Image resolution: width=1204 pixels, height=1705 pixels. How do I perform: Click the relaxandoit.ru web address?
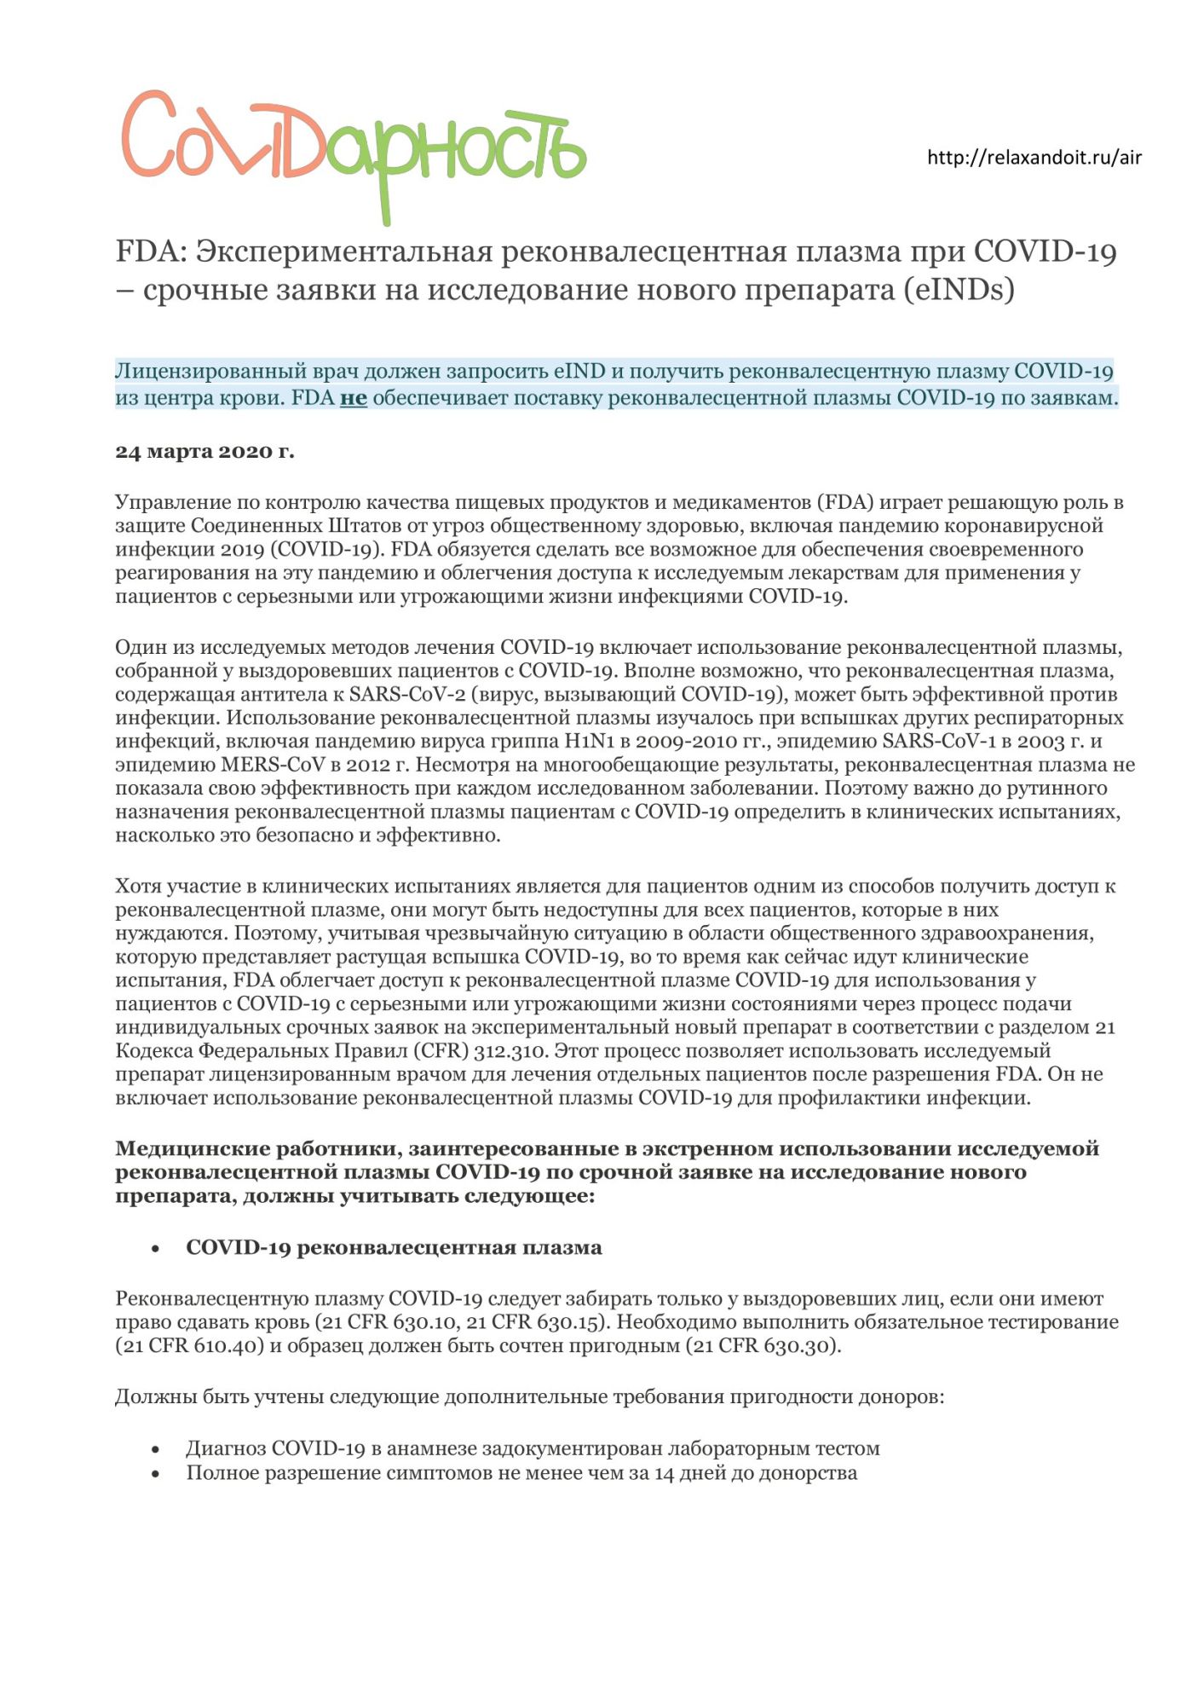[1034, 158]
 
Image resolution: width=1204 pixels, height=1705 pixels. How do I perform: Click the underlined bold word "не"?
[353, 398]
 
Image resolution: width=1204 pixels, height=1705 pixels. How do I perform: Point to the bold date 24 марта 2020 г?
[205, 452]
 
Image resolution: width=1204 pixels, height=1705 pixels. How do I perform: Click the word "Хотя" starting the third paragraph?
[138, 887]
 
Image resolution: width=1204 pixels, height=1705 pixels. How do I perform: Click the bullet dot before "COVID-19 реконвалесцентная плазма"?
[155, 1249]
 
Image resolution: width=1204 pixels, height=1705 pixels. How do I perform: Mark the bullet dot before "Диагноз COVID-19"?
[155, 1449]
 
